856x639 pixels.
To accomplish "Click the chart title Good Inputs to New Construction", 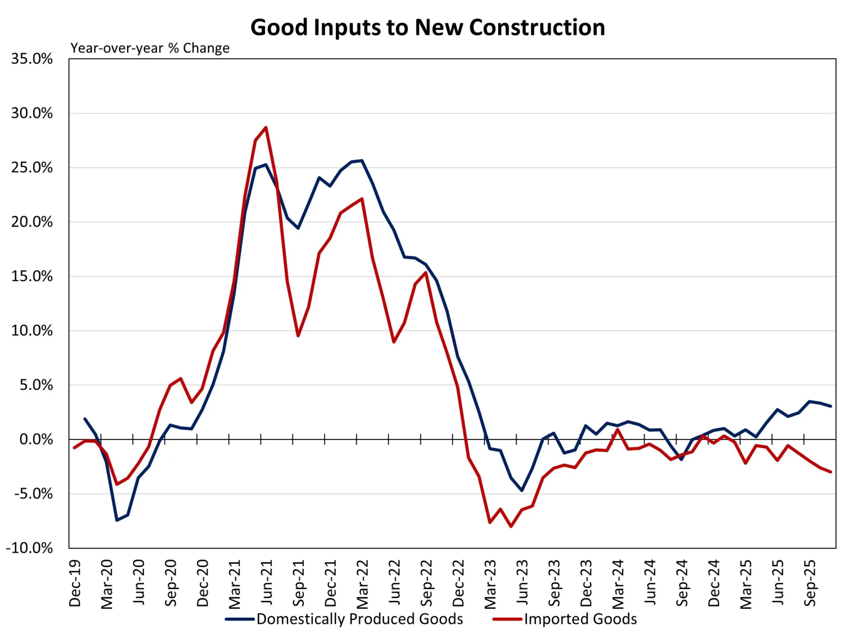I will click(x=428, y=28).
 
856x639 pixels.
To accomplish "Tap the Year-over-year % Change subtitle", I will click(x=150, y=48).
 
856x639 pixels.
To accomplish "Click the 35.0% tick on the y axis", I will click(x=32, y=59).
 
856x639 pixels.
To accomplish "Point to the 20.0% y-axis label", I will click(x=32, y=222).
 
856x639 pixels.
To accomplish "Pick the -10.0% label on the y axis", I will click(x=29, y=548).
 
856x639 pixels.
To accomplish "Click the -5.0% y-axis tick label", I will click(x=33, y=494).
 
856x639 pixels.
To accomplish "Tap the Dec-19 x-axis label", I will click(x=75, y=583).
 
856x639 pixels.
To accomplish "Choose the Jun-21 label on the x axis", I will click(x=267, y=582).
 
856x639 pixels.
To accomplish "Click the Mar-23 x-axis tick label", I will click(x=490, y=584).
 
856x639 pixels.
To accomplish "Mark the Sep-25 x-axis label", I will click(x=810, y=583).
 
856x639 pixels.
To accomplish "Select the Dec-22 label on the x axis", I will click(x=459, y=583).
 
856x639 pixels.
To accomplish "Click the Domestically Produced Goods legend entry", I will click(x=359, y=619).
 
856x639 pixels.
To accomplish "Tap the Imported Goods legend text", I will click(x=580, y=619).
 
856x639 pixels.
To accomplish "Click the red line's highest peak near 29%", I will click(x=266, y=128).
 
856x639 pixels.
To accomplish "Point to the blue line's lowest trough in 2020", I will click(x=117, y=520).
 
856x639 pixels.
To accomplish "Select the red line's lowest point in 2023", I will click(x=511, y=527).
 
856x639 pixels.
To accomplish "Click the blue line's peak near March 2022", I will click(x=362, y=161).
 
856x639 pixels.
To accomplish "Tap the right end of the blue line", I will click(x=831, y=406).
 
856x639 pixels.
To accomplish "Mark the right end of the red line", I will click(x=831, y=472).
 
